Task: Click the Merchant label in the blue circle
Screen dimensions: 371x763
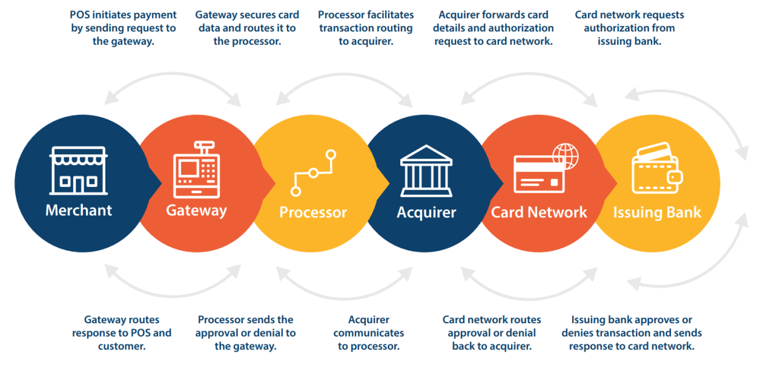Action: coord(79,211)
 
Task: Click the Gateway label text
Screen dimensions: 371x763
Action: coord(196,211)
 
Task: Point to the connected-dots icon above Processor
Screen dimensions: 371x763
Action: coord(313,173)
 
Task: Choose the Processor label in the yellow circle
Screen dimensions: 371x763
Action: coord(313,213)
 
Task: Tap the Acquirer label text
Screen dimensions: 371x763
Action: coord(426,213)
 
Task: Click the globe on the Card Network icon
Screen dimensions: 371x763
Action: coord(565,156)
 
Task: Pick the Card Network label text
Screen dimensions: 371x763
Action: coord(539,213)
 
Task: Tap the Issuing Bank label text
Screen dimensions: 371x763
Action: coord(657,213)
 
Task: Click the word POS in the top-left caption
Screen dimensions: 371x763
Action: coord(81,15)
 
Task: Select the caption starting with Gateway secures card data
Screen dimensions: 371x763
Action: coord(246,28)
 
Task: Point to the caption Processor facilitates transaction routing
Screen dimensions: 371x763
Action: coord(366,28)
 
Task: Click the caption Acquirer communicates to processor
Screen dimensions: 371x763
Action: coord(368,333)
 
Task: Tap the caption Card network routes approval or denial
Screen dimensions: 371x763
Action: coord(492,333)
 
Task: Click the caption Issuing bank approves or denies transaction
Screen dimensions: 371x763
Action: coord(632,333)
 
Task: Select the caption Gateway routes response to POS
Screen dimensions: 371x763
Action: coord(122,333)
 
